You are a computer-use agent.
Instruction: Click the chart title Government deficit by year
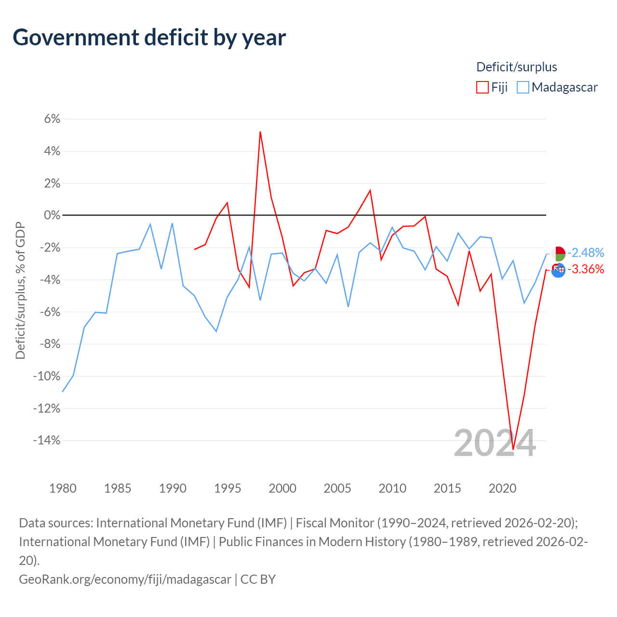point(149,38)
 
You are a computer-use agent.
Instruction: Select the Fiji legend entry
point(492,87)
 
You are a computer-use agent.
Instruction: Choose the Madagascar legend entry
point(558,87)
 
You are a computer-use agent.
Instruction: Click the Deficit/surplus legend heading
point(517,67)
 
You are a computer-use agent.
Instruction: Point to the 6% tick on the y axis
point(52,119)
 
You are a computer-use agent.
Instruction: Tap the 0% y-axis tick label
point(52,215)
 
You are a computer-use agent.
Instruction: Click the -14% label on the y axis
point(47,440)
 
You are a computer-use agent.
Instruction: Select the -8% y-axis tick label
point(49,344)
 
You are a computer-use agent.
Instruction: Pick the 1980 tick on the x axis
point(63,488)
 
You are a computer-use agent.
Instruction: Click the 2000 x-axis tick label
point(282,488)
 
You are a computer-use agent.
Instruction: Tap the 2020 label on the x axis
point(502,488)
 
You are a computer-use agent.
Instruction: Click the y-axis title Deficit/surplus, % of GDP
point(20,291)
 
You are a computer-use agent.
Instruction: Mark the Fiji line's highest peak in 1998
point(260,132)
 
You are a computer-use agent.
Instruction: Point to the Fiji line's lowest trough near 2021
point(513,449)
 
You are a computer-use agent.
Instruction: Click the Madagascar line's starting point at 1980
point(63,391)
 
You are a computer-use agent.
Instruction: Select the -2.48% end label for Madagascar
point(586,253)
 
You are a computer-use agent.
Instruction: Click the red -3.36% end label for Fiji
point(586,269)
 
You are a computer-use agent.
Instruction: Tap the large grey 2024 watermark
point(495,443)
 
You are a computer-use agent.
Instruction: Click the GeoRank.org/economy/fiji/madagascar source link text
point(125,579)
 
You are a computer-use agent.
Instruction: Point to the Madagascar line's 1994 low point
point(216,331)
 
